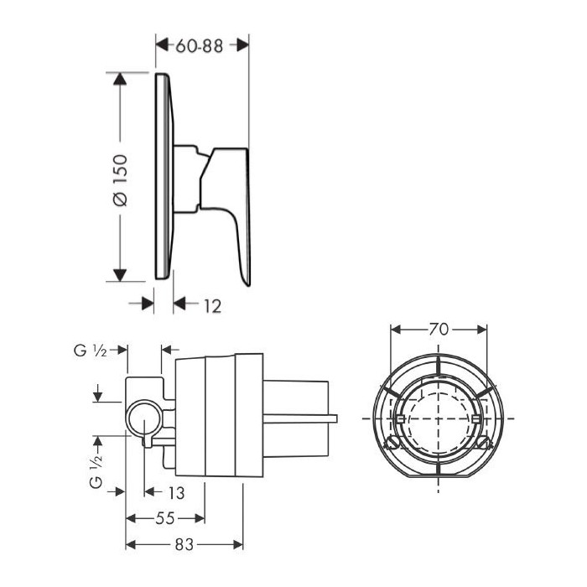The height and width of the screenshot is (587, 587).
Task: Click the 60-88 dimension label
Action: point(200,46)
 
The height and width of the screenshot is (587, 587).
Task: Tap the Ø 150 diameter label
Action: point(120,180)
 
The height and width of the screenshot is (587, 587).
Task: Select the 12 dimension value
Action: point(213,306)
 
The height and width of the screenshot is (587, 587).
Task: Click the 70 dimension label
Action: point(439,330)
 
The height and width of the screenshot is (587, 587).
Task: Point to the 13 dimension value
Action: point(176,493)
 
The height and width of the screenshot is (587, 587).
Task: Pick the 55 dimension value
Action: point(165,518)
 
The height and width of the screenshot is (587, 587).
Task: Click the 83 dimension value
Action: point(184,545)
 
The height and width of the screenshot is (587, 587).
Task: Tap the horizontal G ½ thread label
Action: point(91,351)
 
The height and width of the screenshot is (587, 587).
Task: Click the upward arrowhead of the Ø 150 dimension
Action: point(120,79)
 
